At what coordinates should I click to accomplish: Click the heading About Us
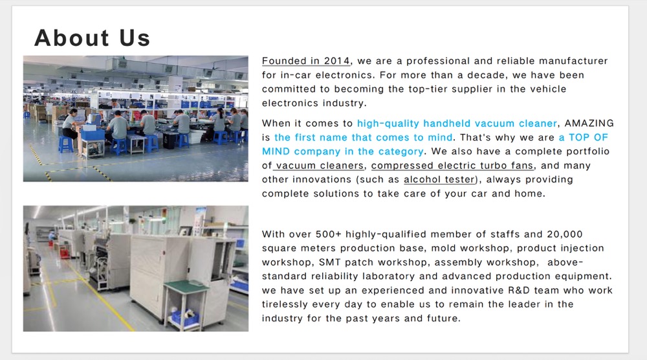tap(92, 38)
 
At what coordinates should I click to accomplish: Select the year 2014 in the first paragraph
tap(336, 61)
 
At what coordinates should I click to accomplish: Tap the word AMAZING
tap(589, 124)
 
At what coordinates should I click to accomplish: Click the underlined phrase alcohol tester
tap(439, 179)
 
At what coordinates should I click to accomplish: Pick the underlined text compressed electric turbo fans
tap(452, 166)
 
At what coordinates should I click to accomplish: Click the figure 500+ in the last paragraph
tap(329, 234)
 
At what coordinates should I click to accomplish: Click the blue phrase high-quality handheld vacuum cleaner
tap(457, 124)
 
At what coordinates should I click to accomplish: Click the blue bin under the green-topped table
tap(185, 317)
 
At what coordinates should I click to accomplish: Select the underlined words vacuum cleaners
tap(320, 166)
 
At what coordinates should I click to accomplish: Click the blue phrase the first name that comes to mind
tap(364, 137)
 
